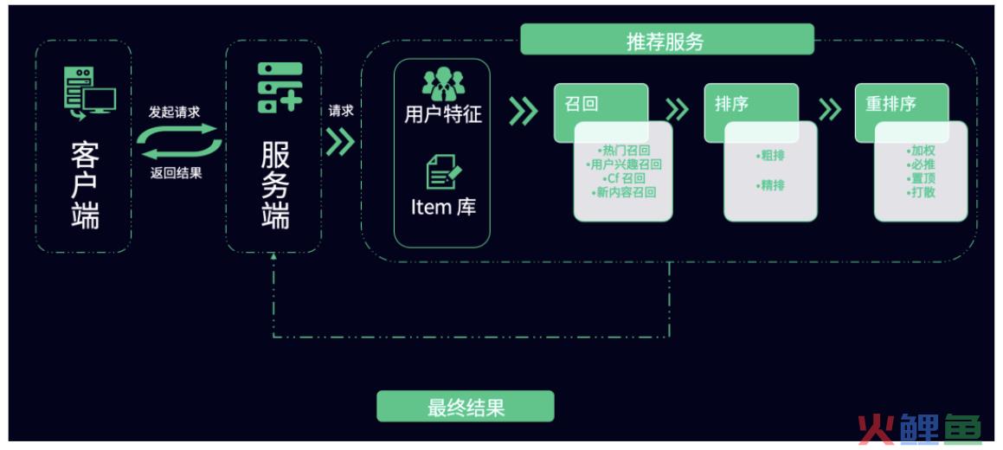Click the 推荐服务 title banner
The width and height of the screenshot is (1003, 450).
pyautogui.click(x=667, y=40)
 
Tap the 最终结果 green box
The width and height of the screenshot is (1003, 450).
pyautogui.click(x=465, y=407)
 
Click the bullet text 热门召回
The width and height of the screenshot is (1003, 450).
pyautogui.click(x=624, y=151)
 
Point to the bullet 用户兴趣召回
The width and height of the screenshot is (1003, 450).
pyautogui.click(x=624, y=165)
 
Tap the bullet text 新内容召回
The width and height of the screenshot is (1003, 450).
pyautogui.click(x=624, y=192)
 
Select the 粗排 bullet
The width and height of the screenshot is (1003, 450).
pyautogui.click(x=770, y=155)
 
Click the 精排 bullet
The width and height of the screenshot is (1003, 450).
pyautogui.click(x=770, y=185)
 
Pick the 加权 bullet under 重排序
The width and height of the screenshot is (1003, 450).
pyautogui.click(x=921, y=151)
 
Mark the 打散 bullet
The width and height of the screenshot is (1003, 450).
pyautogui.click(x=921, y=192)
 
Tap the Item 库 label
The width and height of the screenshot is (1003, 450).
pyautogui.click(x=442, y=207)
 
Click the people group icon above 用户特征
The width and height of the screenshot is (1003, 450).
pyautogui.click(x=442, y=83)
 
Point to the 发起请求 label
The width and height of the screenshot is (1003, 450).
pyautogui.click(x=175, y=112)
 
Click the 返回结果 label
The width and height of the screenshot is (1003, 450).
pyautogui.click(x=176, y=172)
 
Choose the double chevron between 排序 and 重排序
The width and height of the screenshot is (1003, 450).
pyautogui.click(x=830, y=110)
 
